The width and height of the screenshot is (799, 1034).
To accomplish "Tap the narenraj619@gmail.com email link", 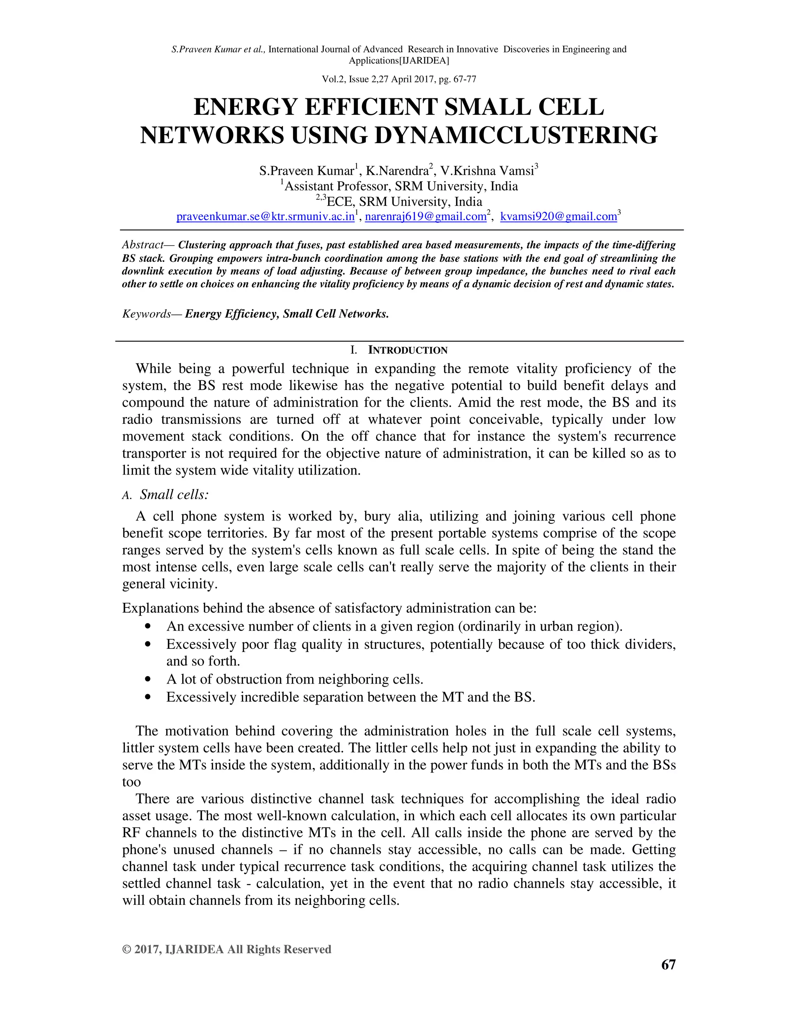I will pos(426,217).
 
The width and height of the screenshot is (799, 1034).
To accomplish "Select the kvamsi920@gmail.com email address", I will pos(559,217).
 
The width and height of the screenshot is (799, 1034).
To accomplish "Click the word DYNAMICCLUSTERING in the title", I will pos(516,135).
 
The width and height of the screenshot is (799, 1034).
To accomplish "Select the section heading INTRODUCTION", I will pos(408,350).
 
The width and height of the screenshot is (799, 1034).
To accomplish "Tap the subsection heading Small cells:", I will pos(174,495).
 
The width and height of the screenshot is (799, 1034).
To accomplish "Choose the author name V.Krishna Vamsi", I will pos(487,171).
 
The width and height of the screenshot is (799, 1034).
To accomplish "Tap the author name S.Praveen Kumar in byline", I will pos(306,171).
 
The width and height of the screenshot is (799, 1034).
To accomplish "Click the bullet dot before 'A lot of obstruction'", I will pos(149,679).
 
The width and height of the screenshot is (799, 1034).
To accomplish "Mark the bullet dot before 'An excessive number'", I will pos(149,626).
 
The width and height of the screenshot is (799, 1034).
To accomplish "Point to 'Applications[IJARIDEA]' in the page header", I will pos(399,60).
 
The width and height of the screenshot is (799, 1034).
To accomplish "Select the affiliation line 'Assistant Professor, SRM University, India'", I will pos(401,187).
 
